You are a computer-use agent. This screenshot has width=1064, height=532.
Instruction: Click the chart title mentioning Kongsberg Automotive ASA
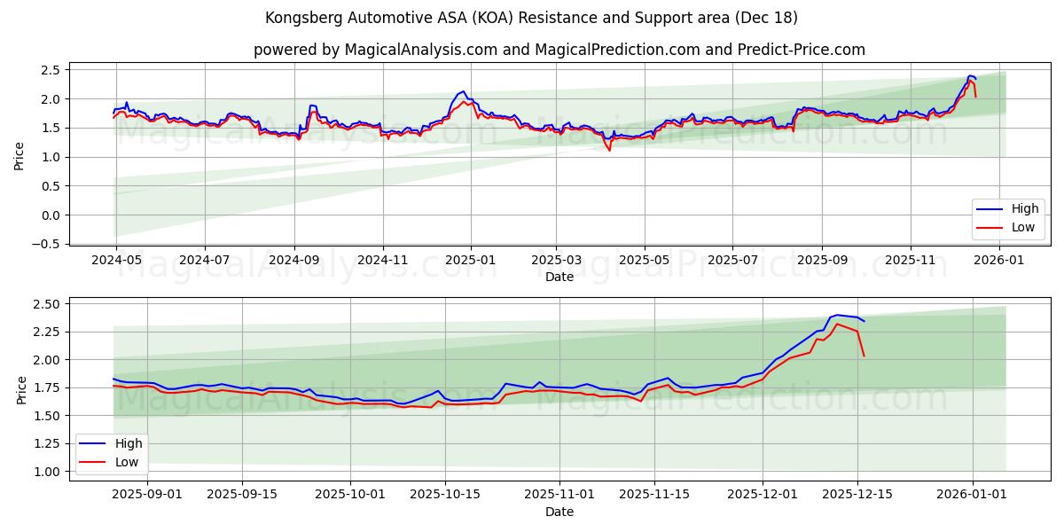(x=531, y=18)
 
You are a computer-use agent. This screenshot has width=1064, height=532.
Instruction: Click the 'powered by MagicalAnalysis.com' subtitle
(x=559, y=50)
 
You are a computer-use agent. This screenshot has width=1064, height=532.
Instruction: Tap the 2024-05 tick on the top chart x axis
(x=117, y=260)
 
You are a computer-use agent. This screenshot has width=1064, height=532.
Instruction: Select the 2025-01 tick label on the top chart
(x=470, y=260)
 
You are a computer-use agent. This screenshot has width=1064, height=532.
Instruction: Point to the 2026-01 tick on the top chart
(x=999, y=260)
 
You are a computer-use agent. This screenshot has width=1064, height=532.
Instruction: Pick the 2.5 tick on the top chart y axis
(x=51, y=70)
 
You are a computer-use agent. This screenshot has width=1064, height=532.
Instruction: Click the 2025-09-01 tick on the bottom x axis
(x=146, y=494)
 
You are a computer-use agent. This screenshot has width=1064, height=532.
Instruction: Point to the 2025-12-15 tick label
(x=857, y=494)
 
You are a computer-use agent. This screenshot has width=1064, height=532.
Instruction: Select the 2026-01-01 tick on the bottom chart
(x=973, y=494)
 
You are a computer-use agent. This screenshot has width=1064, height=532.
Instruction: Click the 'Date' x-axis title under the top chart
(x=559, y=277)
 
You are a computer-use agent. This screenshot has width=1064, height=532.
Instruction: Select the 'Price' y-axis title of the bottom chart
(x=21, y=388)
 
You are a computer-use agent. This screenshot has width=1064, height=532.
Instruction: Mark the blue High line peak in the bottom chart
(x=837, y=315)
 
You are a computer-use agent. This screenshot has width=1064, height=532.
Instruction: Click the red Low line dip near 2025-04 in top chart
(x=609, y=150)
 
